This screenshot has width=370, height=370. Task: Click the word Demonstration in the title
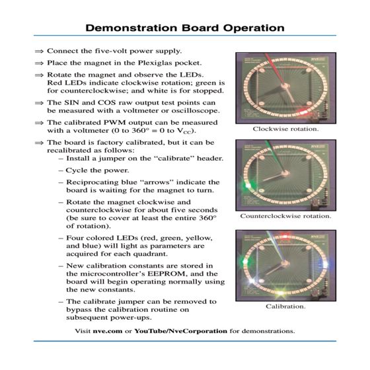tap(131, 28)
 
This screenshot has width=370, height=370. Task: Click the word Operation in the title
tap(254, 28)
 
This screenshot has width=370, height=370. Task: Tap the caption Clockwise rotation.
tap(285, 129)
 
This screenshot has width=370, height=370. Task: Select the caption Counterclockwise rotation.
tap(285, 216)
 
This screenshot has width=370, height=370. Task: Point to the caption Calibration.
tap(285, 307)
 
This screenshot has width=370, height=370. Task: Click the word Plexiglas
tap(155, 63)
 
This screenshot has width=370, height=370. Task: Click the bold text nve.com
tap(108, 331)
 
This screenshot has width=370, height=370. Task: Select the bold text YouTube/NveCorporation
tap(181, 331)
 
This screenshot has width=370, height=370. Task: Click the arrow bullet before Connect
tap(39, 52)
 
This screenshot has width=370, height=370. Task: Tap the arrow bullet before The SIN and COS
tap(39, 103)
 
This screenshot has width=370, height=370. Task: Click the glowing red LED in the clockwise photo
tap(303, 112)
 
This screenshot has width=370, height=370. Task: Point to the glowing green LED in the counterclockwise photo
tap(248, 186)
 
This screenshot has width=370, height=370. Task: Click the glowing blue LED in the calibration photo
tap(324, 264)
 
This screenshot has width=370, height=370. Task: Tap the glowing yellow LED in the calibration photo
tap(280, 293)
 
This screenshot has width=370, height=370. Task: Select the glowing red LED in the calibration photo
tap(285, 237)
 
